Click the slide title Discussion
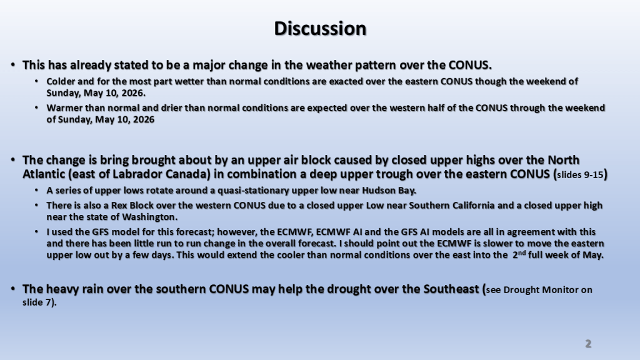tap(320, 29)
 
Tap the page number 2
tap(588, 344)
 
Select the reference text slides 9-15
tap(580, 175)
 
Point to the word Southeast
tap(451, 289)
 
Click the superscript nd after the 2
tap(522, 253)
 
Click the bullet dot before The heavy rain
tap(13, 289)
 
